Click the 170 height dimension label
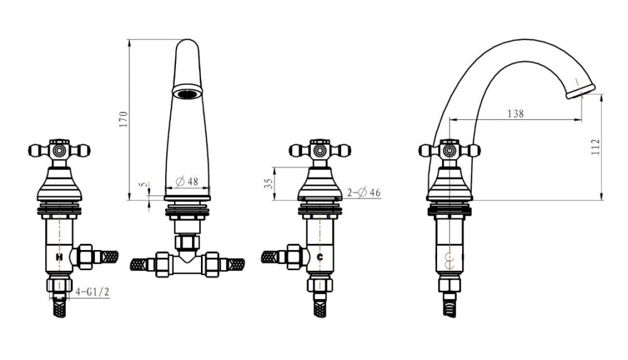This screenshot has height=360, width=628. [x=123, y=119]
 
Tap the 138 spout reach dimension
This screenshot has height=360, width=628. [x=516, y=114]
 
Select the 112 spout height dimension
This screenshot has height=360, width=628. [x=595, y=147]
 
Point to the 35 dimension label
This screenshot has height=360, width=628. [x=269, y=183]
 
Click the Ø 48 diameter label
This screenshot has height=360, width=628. [x=187, y=181]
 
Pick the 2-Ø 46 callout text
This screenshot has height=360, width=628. [x=364, y=193]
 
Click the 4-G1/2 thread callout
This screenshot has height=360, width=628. [x=92, y=292]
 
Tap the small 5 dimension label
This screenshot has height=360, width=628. [x=143, y=185]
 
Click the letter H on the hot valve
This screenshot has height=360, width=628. [x=59, y=257]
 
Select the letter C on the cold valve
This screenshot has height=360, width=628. [x=320, y=257]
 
